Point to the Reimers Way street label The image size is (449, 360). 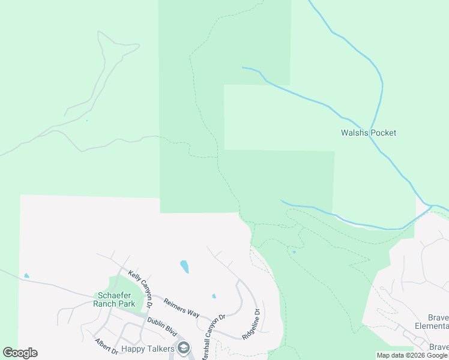(181, 305)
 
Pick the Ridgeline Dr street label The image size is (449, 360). (251, 325)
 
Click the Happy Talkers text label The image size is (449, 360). (148, 348)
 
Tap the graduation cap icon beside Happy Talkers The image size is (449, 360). (184, 348)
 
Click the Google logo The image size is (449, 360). (20, 353)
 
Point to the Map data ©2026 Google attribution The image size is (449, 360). (412, 355)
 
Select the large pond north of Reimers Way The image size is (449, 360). (184, 266)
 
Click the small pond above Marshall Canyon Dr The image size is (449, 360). (214, 296)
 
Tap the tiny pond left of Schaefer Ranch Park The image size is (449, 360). (26, 276)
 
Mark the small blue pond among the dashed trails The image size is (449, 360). (294, 251)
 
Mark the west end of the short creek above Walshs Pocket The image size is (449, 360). (243, 68)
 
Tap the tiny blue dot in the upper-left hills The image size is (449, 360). (86, 121)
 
